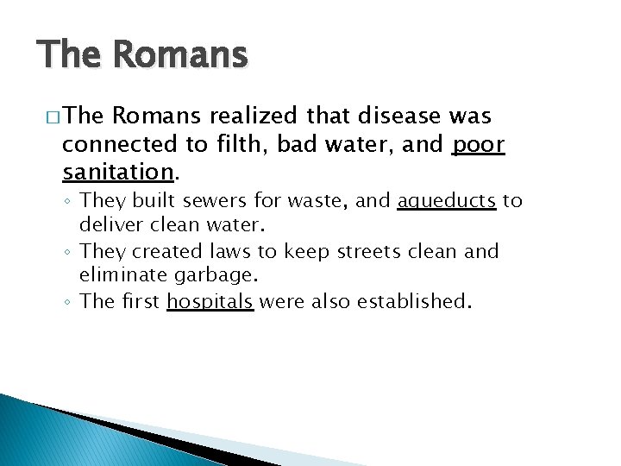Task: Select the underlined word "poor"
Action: (479, 145)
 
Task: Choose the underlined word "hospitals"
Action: (210, 302)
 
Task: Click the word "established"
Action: (416, 302)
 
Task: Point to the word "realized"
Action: (248, 116)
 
